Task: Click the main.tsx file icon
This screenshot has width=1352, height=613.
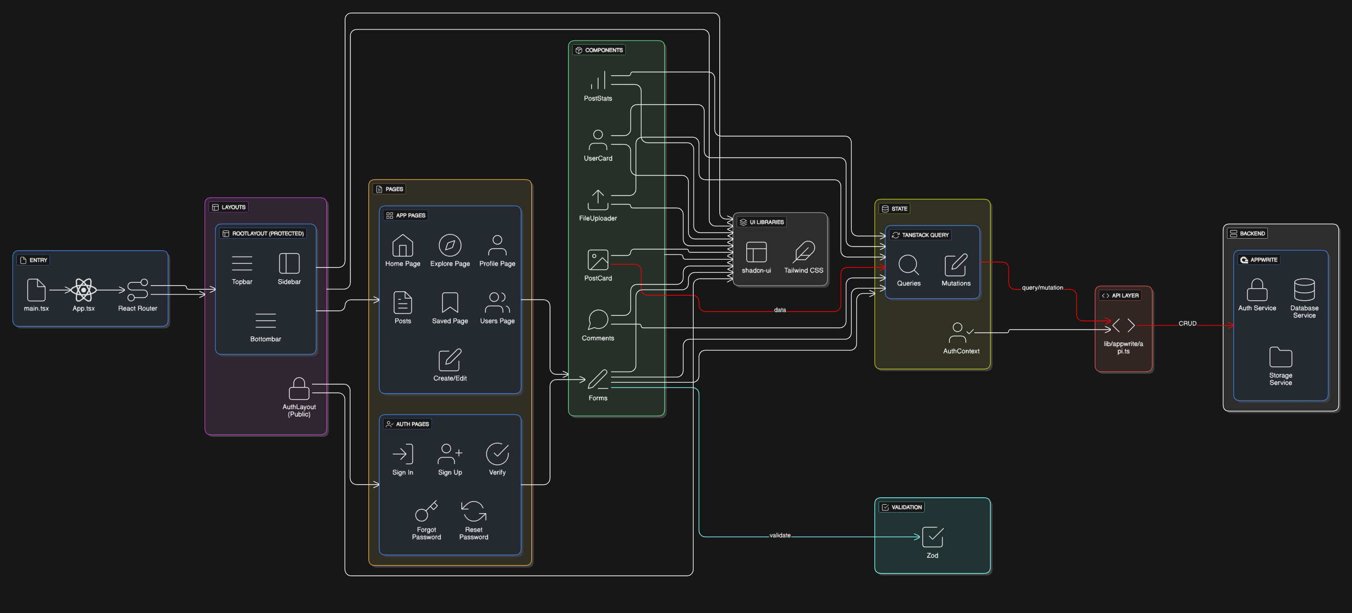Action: (36, 290)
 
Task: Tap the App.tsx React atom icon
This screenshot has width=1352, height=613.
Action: (84, 290)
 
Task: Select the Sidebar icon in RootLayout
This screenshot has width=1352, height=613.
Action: (289, 263)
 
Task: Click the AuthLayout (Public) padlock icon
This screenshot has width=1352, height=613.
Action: (299, 389)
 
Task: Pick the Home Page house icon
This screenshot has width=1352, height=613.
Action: (402, 246)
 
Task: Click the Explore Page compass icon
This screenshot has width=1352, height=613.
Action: (450, 246)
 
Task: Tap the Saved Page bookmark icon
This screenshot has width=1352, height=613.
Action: (450, 303)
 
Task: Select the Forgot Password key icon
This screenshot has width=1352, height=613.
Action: (426, 511)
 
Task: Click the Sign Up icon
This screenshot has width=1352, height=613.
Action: (450, 454)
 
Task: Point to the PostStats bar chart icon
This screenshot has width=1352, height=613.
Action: (598, 80)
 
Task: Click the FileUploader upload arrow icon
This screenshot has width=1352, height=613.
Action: (598, 200)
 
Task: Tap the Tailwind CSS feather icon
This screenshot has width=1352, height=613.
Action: (804, 252)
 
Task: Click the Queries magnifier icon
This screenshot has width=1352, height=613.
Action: (909, 265)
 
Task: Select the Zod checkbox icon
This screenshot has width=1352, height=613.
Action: (933, 537)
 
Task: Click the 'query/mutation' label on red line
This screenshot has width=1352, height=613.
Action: (1042, 288)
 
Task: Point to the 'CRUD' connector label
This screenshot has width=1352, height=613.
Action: (1187, 324)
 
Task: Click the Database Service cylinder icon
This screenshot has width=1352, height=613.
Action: (1304, 290)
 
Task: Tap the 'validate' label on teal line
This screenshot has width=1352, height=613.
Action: (780, 535)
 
